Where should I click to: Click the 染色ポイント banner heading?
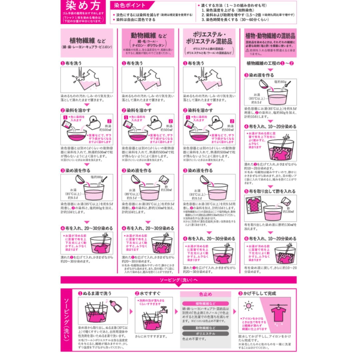point(130,5)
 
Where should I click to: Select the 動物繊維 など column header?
point(148,35)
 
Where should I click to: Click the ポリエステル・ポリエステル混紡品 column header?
point(209,38)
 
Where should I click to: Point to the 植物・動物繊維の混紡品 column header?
point(270,36)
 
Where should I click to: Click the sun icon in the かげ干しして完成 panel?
point(248,306)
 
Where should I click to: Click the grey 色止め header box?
point(205,294)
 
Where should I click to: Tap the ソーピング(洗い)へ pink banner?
point(179,280)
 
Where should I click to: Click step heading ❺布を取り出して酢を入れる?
point(270,191)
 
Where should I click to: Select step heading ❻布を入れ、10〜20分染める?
point(270,239)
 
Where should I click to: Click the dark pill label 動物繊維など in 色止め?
point(205,328)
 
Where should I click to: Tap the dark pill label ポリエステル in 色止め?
point(205,333)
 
